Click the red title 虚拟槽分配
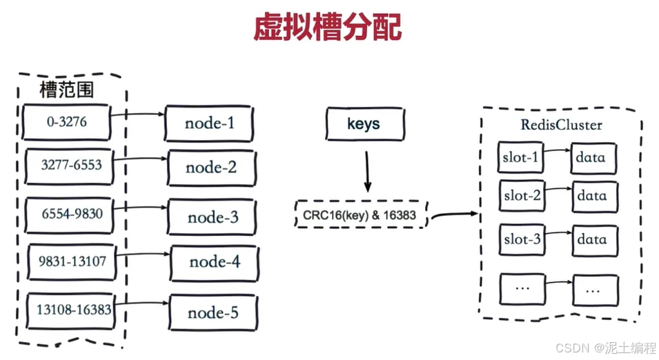327,28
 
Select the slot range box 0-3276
66,122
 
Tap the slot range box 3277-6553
69,166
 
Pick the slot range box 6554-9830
69,215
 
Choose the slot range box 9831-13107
72,261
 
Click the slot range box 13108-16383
72,311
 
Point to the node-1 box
209,123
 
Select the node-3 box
212,217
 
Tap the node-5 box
213,312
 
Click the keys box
365,124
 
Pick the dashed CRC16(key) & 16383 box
361,214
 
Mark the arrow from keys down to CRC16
367,172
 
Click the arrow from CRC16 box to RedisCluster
455,215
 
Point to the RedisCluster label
561,125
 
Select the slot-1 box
520,157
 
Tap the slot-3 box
522,239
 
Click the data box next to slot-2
594,196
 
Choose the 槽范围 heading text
66,90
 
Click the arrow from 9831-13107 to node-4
143,254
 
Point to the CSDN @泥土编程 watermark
605,348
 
